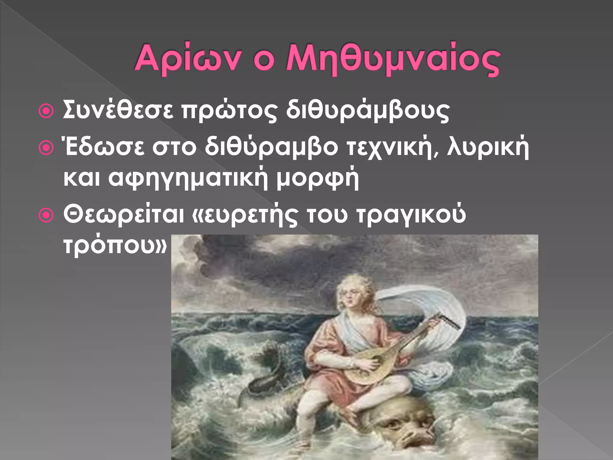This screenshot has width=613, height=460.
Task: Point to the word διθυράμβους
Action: (368, 111)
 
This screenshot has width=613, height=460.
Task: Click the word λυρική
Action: (488, 147)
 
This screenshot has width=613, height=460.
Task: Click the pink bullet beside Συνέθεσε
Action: (46, 111)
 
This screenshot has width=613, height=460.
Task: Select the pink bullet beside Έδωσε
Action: (46, 148)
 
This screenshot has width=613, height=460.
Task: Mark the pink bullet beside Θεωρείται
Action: (46, 215)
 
